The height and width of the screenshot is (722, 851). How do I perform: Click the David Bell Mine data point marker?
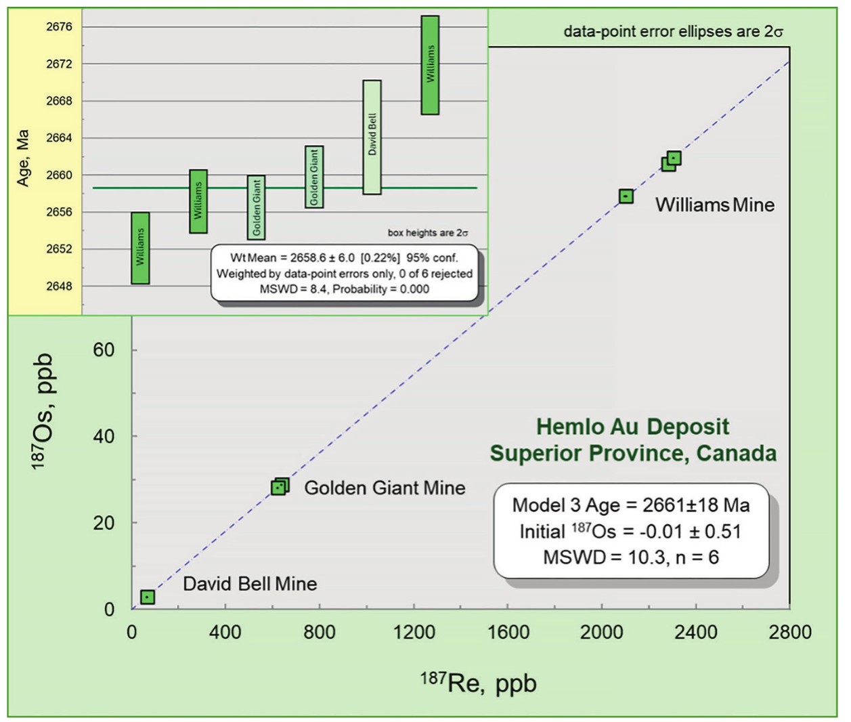[148, 597]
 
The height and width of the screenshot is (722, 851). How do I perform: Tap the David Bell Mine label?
[250, 584]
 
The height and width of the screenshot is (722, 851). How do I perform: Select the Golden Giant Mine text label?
[385, 488]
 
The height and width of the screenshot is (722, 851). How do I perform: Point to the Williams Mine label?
[714, 205]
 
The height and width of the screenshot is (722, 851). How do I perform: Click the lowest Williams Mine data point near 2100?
[626, 196]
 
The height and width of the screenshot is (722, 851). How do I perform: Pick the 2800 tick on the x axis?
[789, 632]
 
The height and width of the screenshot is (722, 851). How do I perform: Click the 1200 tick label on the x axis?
[414, 632]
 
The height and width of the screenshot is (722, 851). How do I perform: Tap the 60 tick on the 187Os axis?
[104, 350]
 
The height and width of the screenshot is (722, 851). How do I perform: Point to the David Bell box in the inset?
[372, 137]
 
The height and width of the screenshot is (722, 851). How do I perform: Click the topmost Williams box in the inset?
[430, 65]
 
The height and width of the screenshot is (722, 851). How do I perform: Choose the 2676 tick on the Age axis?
[59, 27]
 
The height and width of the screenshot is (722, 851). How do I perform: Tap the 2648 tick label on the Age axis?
[59, 286]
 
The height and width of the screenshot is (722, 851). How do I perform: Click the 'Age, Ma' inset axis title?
[23, 158]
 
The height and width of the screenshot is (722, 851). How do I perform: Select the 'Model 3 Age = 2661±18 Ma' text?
[631, 505]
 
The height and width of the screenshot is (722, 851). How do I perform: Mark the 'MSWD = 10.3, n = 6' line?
[631, 557]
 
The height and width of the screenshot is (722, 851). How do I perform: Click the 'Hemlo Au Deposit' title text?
[632, 427]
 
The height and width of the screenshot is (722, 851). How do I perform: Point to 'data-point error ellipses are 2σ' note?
[673, 32]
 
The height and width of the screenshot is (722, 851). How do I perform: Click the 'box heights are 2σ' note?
[427, 233]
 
